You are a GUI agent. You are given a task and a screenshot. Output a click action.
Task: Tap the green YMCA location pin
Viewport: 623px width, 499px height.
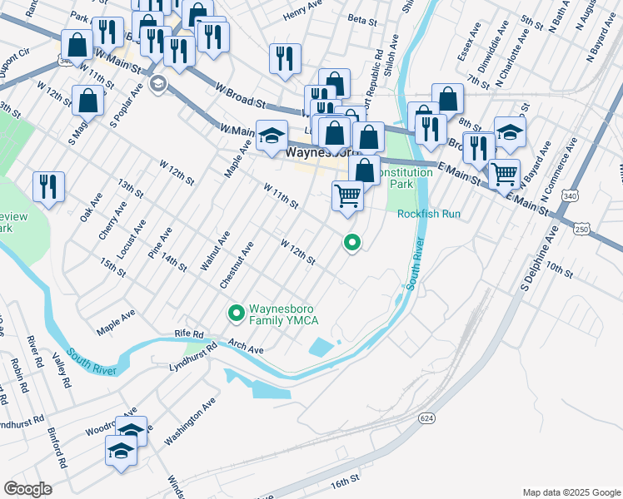(236, 314)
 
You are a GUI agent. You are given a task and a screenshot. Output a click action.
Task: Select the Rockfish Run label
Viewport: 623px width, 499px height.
(428, 214)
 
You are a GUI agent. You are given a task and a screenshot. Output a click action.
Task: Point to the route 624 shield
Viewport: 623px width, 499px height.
(427, 417)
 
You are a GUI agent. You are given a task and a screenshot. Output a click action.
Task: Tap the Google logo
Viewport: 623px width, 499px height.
(27, 489)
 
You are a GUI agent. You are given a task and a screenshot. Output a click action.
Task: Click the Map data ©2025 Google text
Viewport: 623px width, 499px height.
(571, 491)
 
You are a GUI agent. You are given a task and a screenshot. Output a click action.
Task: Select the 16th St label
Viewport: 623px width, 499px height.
(344, 482)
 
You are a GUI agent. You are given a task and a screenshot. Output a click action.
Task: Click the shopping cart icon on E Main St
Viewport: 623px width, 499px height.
(504, 173)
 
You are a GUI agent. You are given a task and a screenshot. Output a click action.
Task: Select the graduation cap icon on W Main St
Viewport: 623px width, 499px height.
(272, 136)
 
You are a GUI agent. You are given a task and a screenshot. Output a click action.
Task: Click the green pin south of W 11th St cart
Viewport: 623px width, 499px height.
(352, 243)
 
